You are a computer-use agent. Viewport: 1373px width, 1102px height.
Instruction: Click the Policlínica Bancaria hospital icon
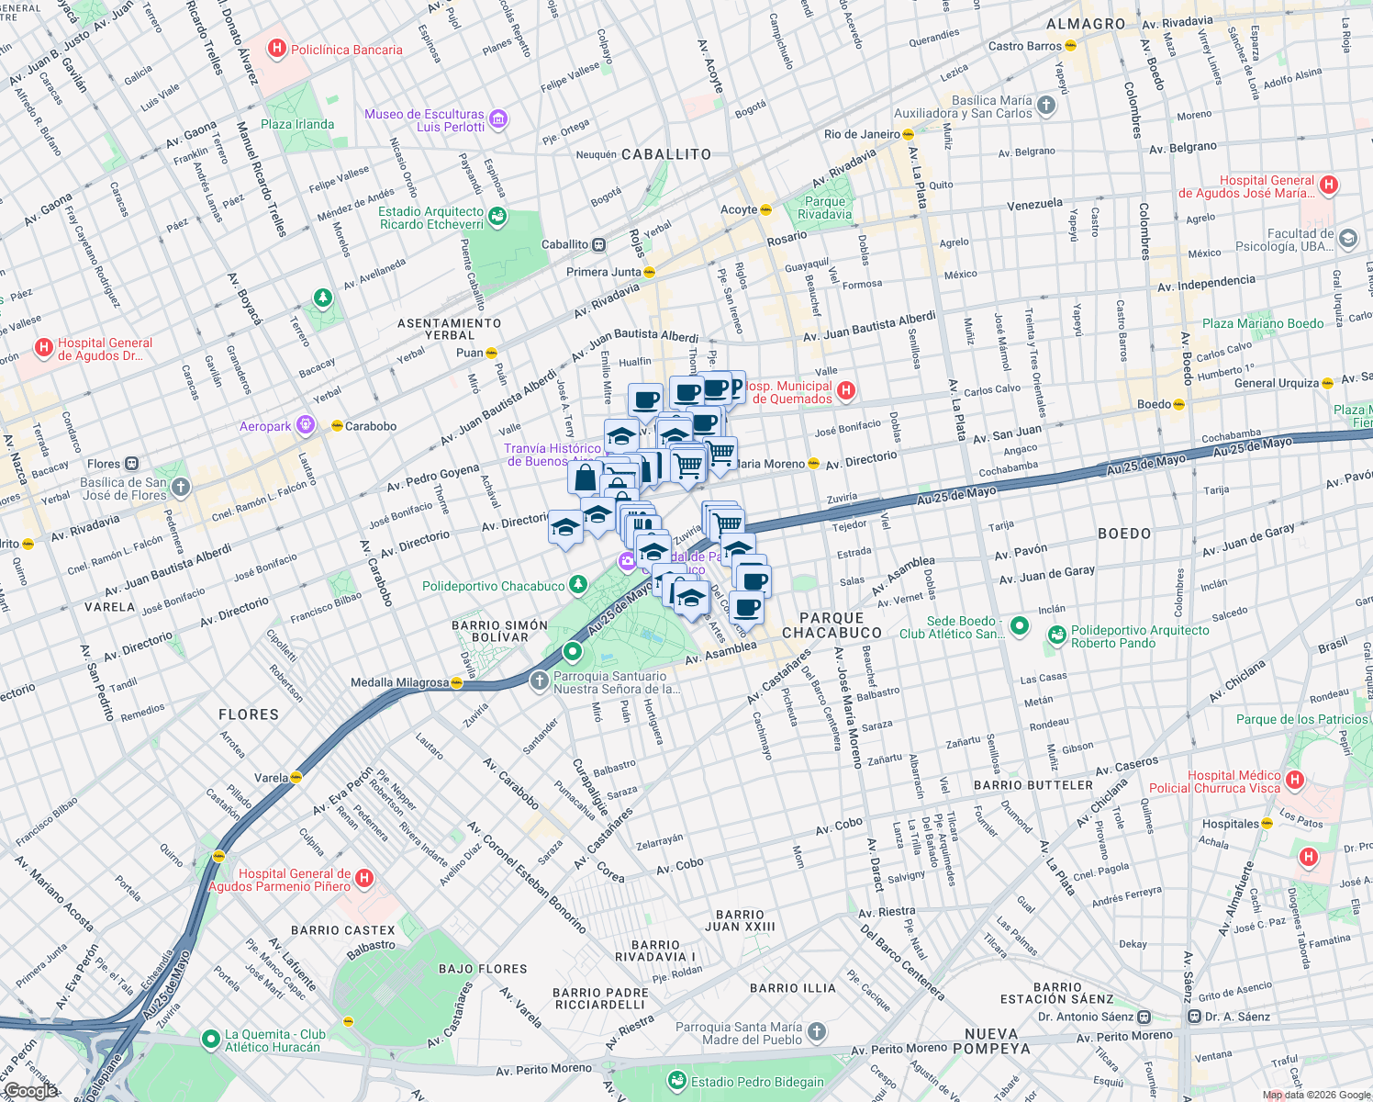point(277,50)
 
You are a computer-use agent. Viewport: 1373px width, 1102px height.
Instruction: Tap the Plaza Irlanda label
point(297,124)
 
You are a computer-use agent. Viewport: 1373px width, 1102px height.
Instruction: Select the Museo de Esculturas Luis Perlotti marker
point(498,118)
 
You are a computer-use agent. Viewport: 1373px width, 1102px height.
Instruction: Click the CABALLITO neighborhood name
point(666,154)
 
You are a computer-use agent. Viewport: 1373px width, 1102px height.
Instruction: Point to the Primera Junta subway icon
point(650,272)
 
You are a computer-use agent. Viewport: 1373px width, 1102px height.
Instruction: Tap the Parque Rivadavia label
point(824,208)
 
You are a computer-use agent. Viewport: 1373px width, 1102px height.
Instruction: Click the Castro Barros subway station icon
point(1070,45)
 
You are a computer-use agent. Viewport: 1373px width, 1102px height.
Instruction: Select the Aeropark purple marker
point(306,425)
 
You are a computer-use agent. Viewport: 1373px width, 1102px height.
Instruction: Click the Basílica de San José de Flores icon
point(181,488)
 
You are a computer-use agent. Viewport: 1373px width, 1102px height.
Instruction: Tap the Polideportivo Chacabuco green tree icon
point(577,584)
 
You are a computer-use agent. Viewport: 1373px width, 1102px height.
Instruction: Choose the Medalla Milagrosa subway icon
point(456,682)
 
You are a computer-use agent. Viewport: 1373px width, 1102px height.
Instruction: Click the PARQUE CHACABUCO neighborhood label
point(832,625)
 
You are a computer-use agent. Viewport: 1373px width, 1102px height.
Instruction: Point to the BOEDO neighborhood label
point(1124,534)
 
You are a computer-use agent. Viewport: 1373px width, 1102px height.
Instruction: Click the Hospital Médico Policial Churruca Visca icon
point(1295,781)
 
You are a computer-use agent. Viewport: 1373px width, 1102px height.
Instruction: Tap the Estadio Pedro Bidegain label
point(757,1082)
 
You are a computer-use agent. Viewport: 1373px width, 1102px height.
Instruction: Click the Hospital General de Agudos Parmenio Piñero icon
point(364,879)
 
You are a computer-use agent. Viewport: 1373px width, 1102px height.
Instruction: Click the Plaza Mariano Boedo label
point(1263,323)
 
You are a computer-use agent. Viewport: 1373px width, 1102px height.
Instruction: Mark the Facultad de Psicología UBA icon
point(1348,239)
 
